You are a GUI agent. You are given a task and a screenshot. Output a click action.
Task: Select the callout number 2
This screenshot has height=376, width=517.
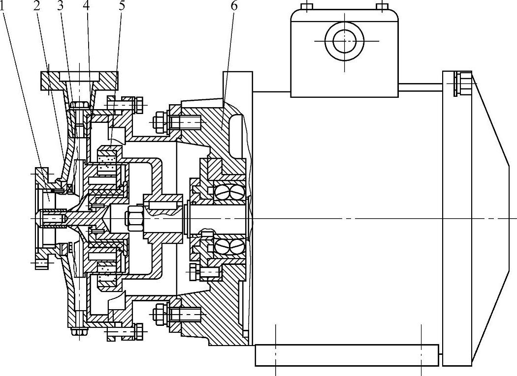(x=37, y=6)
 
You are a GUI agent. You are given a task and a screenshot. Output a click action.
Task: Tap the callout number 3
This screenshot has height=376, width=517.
(x=61, y=6)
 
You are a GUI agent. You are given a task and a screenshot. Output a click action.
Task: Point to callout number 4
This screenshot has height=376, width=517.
(x=87, y=6)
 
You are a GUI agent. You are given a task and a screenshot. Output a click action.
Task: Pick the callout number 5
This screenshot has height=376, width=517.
(x=121, y=6)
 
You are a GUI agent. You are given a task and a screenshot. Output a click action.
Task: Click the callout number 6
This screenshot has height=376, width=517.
(x=233, y=6)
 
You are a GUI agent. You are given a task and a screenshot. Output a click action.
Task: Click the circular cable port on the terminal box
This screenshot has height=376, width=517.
(x=344, y=42)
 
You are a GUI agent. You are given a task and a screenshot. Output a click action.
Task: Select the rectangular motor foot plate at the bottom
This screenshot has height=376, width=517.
(x=347, y=355)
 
